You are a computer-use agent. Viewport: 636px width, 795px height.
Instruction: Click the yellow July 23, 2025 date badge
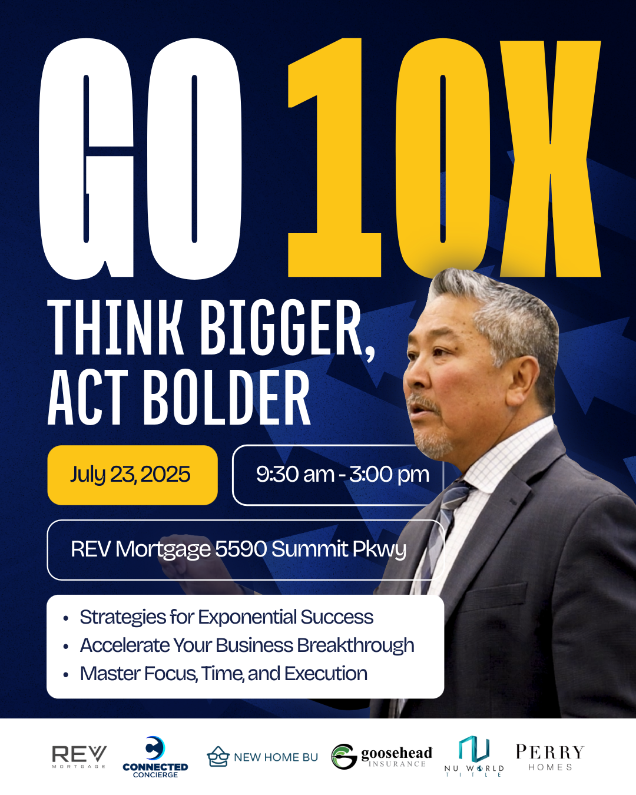click(x=132, y=475)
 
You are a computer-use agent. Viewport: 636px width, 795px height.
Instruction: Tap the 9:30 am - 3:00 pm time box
click(x=338, y=475)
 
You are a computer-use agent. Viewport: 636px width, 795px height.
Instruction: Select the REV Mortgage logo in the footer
click(x=79, y=757)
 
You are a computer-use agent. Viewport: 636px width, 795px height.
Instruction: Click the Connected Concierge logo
click(x=155, y=757)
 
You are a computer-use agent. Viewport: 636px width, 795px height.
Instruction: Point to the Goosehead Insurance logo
click(x=382, y=757)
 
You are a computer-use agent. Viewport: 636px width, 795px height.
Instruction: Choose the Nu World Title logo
click(x=474, y=756)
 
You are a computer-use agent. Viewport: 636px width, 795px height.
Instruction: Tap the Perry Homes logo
click(x=550, y=757)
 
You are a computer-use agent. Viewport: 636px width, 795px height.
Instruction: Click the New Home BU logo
click(x=263, y=757)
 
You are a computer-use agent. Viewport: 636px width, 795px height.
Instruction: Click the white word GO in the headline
click(x=140, y=159)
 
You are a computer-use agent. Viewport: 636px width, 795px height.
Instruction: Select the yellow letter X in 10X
click(x=550, y=159)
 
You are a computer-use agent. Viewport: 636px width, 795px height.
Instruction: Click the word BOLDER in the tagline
click(x=227, y=398)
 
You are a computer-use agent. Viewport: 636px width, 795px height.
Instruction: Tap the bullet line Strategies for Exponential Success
click(x=227, y=617)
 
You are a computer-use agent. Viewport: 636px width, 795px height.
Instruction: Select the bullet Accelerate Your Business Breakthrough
click(x=247, y=645)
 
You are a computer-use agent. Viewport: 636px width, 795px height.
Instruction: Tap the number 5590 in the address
click(x=241, y=549)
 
